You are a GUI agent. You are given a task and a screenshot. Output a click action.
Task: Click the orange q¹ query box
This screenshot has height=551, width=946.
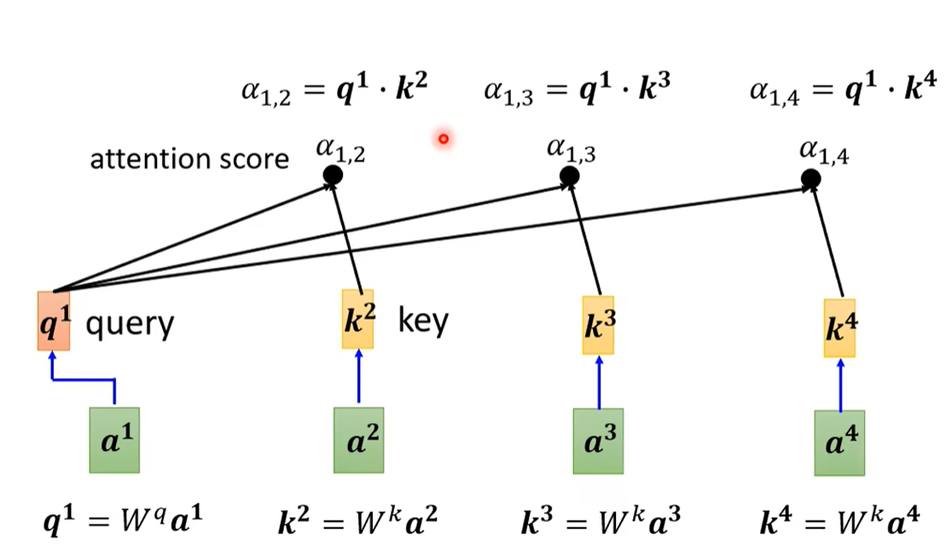[x=52, y=321]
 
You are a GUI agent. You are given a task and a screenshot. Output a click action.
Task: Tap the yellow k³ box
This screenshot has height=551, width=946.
[x=599, y=325]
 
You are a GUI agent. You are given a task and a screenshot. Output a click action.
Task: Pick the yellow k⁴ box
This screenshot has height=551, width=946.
[x=839, y=328]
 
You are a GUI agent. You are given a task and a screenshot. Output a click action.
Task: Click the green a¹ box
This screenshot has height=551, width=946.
[x=114, y=439]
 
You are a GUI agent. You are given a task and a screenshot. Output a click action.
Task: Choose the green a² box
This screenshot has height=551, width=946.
[x=358, y=439]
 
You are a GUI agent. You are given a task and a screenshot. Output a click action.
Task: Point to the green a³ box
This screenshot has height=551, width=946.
[x=598, y=441]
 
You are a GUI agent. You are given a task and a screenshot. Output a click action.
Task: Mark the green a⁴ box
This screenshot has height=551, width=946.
[x=839, y=443]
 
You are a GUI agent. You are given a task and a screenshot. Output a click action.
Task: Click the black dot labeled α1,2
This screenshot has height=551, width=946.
[x=333, y=176]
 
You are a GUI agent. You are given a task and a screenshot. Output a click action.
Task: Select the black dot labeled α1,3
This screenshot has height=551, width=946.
[x=569, y=177]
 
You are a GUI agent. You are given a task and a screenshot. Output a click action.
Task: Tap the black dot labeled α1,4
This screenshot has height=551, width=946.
[x=811, y=179]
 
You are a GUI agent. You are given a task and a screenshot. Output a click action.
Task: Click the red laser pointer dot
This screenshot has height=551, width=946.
[x=444, y=138]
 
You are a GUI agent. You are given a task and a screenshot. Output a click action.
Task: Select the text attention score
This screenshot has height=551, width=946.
[x=189, y=159]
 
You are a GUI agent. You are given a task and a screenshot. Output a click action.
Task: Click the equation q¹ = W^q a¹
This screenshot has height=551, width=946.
[x=125, y=519]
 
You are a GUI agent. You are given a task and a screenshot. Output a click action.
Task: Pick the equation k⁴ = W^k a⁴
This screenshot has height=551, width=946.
[x=840, y=519]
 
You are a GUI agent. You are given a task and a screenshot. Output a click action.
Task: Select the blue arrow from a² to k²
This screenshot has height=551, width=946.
[x=358, y=376]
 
